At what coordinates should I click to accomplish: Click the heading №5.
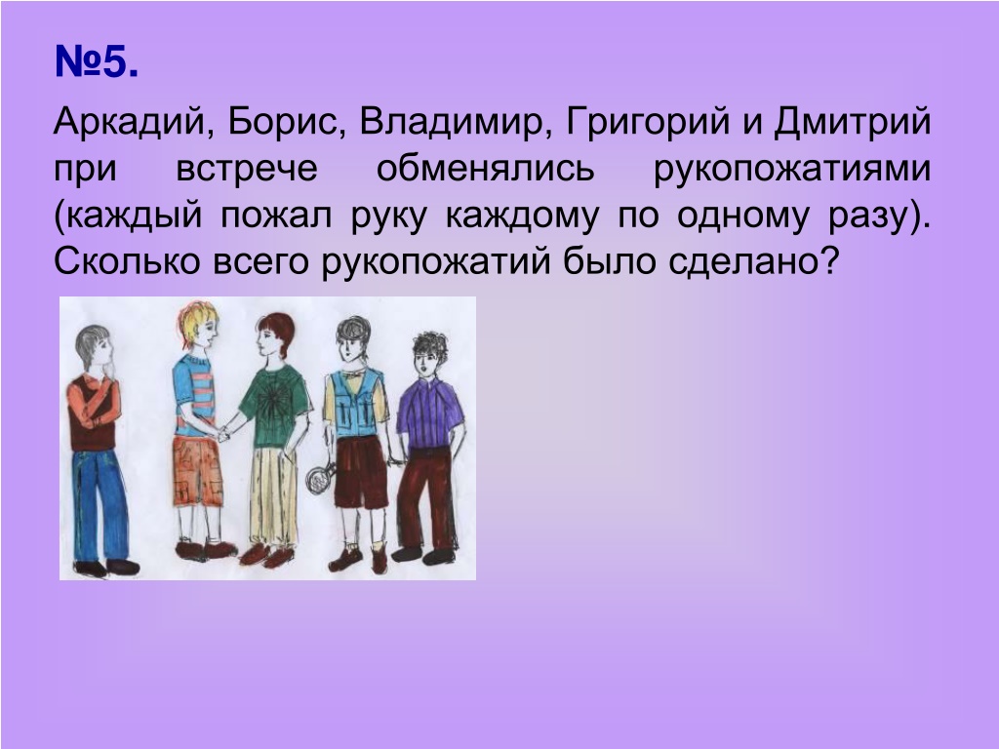97,61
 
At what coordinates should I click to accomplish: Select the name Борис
283,121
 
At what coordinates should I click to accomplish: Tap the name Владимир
455,122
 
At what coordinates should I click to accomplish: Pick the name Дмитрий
853,122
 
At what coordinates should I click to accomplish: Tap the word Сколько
127,261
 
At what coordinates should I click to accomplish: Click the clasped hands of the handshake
222,434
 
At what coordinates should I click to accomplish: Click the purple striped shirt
429,413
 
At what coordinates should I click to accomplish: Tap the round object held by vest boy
317,478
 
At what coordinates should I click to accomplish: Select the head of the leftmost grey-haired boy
94,349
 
